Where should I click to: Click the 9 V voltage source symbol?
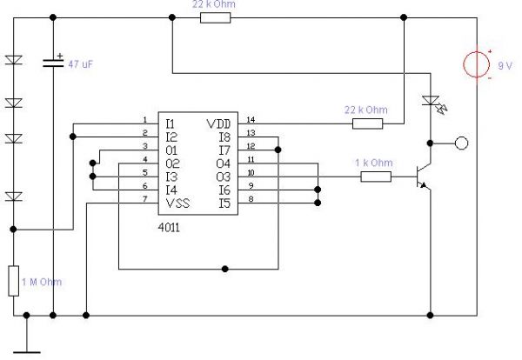point(478,67)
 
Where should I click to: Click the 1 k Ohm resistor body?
point(375,177)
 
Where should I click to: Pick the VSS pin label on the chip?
point(177,203)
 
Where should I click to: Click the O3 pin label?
point(221,176)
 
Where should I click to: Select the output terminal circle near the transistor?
point(463,141)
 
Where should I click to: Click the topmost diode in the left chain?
point(14,62)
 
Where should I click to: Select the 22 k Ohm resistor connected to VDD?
point(367,123)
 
